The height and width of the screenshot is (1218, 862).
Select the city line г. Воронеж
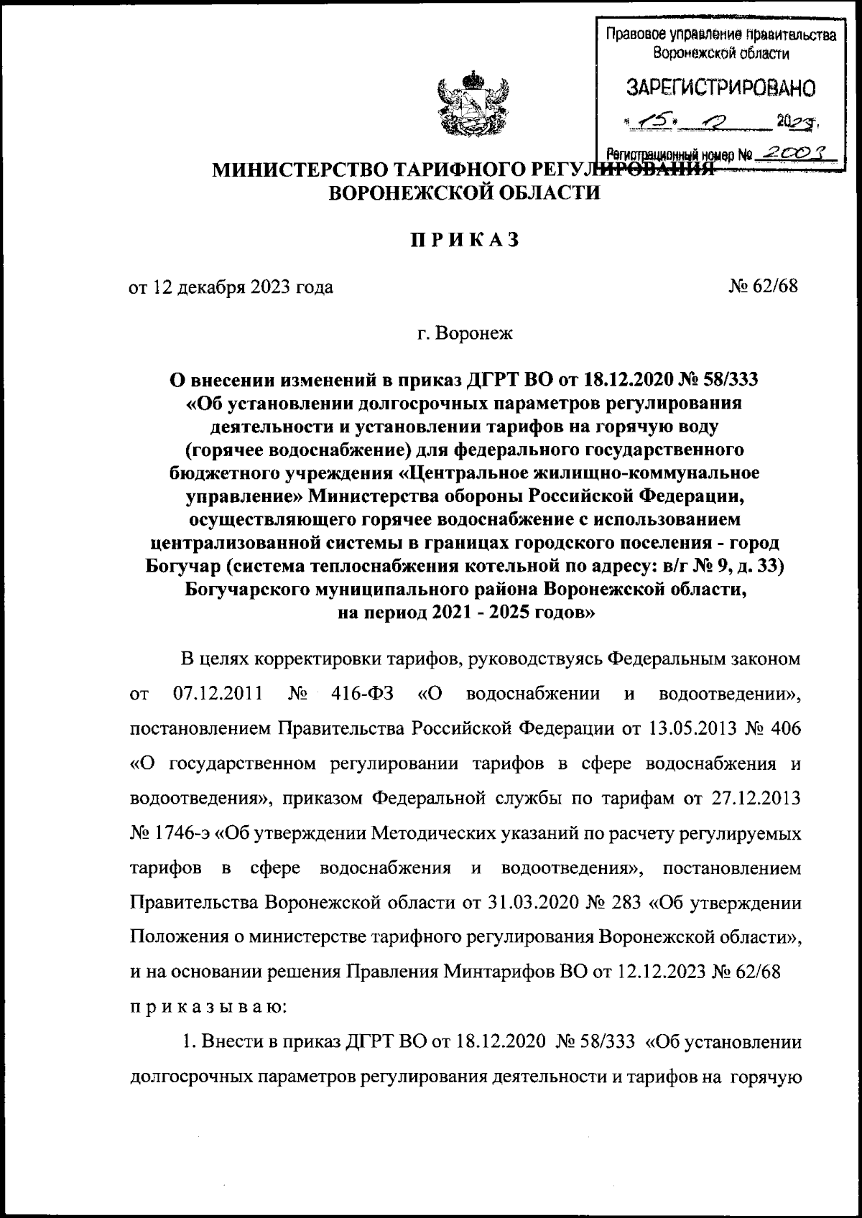465,333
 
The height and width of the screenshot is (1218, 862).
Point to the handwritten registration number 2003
795,152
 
